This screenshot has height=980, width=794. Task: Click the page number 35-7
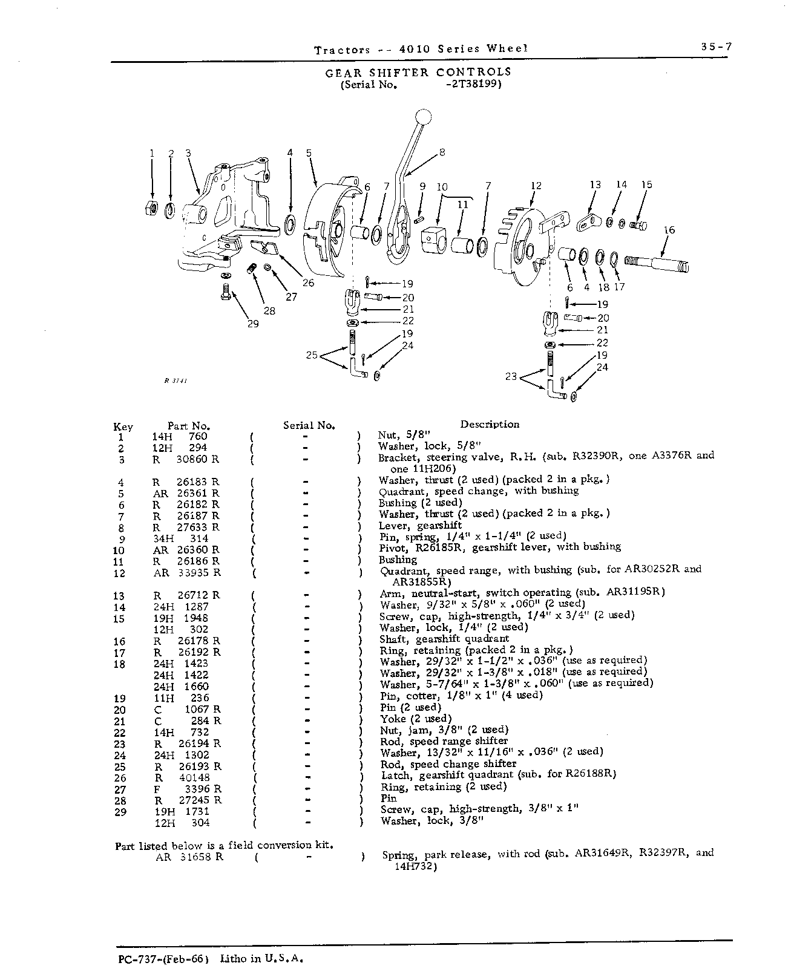pyautogui.click(x=716, y=47)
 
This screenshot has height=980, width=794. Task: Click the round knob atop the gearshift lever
pyautogui.click(x=424, y=117)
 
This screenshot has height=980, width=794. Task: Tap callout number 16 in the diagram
pyautogui.click(x=669, y=230)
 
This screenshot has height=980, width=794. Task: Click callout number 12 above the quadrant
pyautogui.click(x=536, y=186)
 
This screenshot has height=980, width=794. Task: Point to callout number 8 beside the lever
pyautogui.click(x=442, y=152)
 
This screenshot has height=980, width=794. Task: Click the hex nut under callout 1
pyautogui.click(x=152, y=209)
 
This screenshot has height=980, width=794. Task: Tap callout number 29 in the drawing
pyautogui.click(x=253, y=324)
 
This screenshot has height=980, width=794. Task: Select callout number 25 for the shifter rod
pyautogui.click(x=312, y=354)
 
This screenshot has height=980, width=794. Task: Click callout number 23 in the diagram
pyautogui.click(x=511, y=376)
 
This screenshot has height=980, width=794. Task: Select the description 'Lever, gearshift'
pyautogui.click(x=420, y=526)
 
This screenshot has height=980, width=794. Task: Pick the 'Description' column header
pyautogui.click(x=490, y=424)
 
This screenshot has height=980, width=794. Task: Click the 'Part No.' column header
pyautogui.click(x=189, y=426)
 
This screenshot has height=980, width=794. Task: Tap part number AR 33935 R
pyautogui.click(x=188, y=573)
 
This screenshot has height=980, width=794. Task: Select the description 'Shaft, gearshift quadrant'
pyautogui.click(x=444, y=639)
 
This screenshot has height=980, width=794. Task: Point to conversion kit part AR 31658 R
pyautogui.click(x=189, y=857)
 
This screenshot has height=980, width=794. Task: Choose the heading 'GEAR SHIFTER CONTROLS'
pyautogui.click(x=418, y=72)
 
